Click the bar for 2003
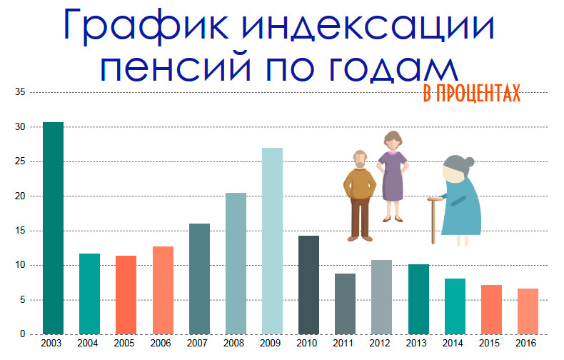(x=54, y=229)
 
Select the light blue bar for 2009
(x=272, y=241)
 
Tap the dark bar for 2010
(x=308, y=285)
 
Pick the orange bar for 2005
(x=126, y=295)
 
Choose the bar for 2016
(x=528, y=311)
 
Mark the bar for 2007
(x=199, y=279)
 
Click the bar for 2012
(x=382, y=297)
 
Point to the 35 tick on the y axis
(x=20, y=92)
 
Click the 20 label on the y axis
(x=20, y=196)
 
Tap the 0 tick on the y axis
(x=23, y=334)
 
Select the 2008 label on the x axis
(x=233, y=343)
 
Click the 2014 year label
(x=453, y=343)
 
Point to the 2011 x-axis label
(x=343, y=343)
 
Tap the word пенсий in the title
(x=175, y=68)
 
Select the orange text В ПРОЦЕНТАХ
(x=472, y=94)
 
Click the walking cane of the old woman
(x=433, y=220)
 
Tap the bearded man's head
(x=361, y=159)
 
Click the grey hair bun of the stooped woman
(x=469, y=162)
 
